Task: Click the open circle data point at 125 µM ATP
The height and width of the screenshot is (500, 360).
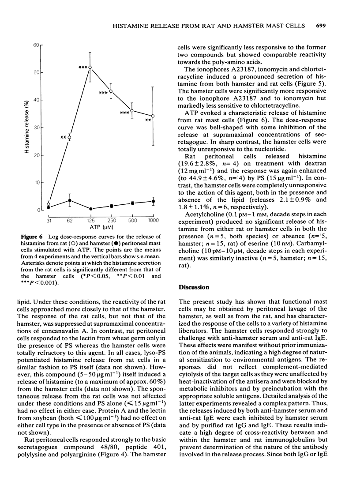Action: tap(90, 68)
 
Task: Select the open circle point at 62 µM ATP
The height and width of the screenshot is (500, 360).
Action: tap(69, 138)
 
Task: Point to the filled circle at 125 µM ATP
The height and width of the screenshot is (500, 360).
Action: tap(90, 209)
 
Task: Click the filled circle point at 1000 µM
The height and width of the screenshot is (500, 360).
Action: tap(153, 201)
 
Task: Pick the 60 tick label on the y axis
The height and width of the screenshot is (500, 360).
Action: tap(37, 45)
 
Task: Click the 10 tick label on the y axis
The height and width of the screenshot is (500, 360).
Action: tap(37, 183)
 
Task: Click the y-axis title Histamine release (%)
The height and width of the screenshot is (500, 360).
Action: tap(27, 128)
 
